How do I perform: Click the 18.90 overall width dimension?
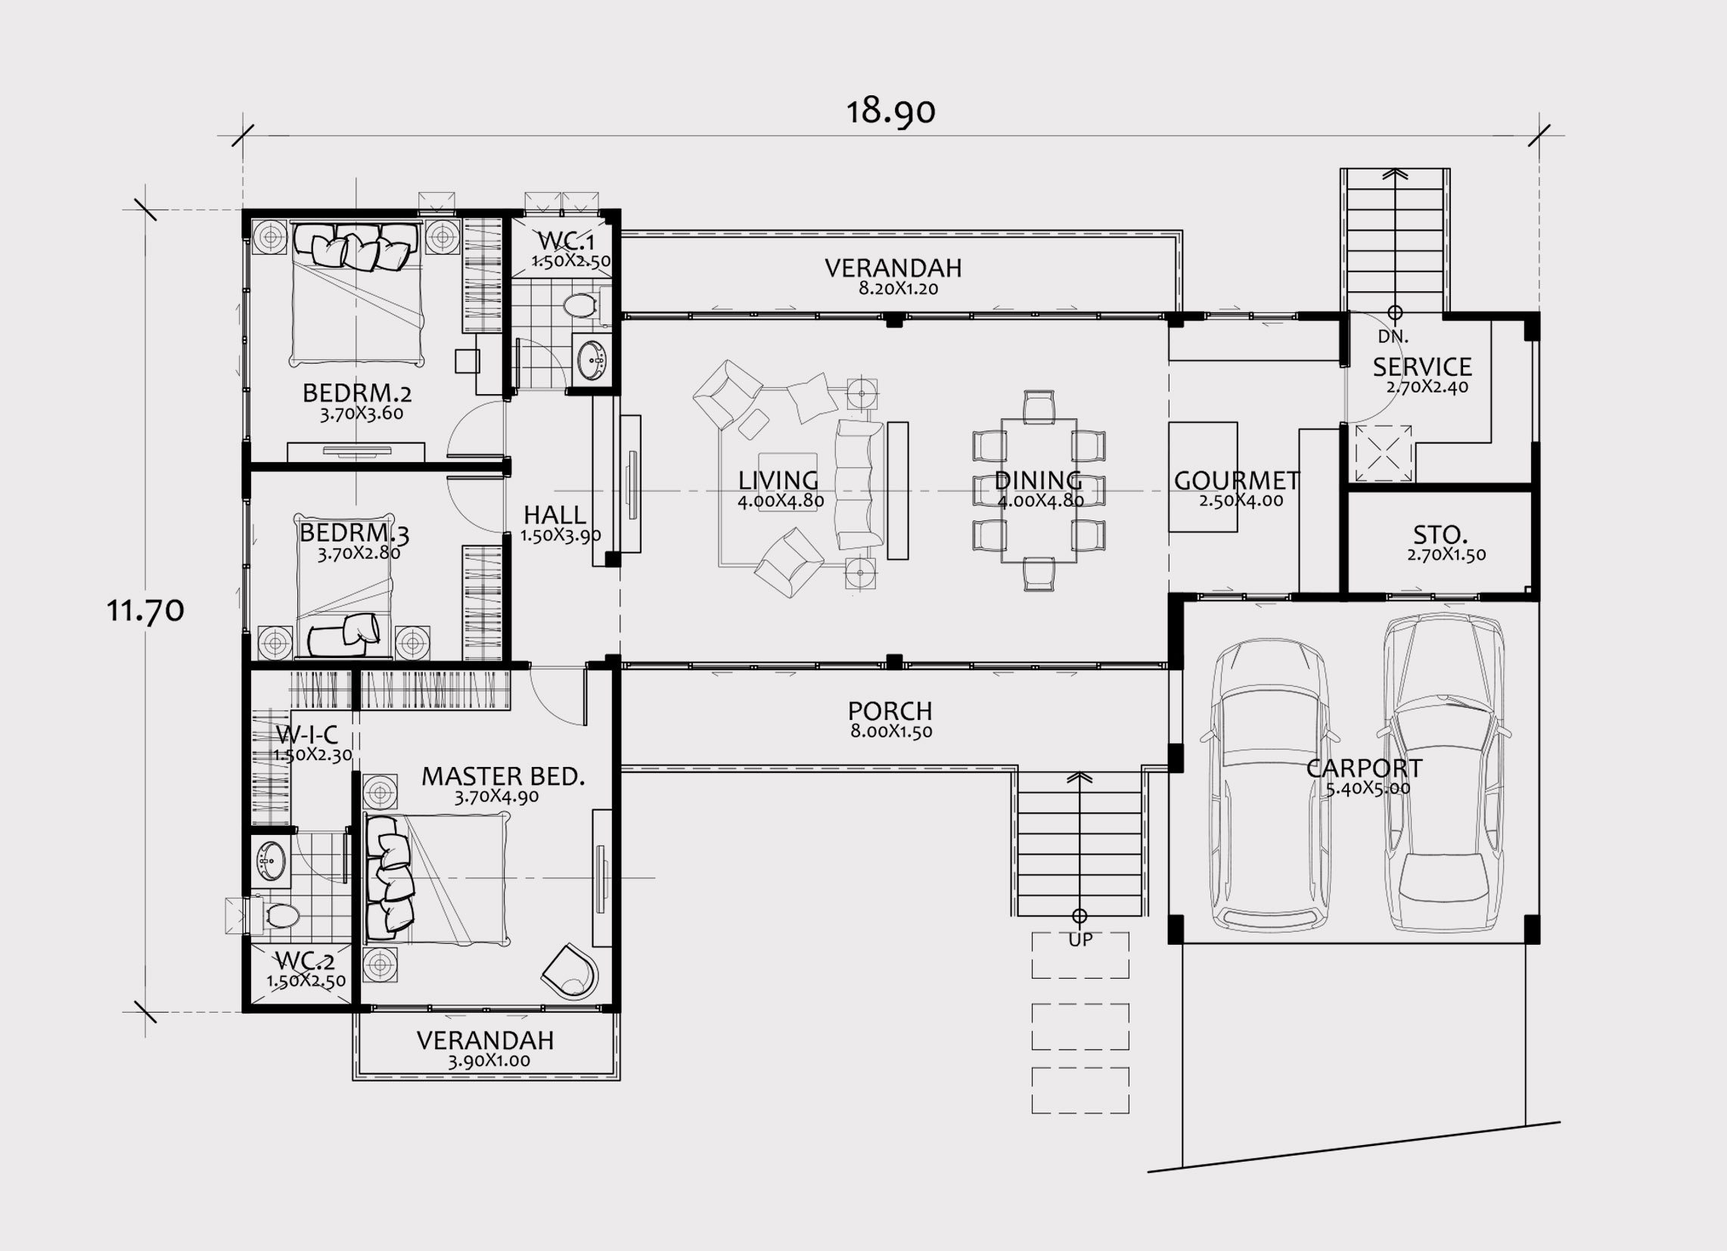(891, 111)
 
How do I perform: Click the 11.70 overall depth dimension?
(144, 610)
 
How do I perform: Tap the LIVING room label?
(778, 480)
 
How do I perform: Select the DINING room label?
(1039, 480)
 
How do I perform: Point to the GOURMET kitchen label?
(1237, 480)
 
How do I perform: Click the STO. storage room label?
(1441, 535)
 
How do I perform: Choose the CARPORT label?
(1365, 768)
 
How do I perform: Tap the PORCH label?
(890, 711)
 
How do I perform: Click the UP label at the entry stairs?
(1080, 939)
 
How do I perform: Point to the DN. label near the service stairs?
(1393, 337)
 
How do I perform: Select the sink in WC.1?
(592, 356)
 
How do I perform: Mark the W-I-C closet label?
(307, 734)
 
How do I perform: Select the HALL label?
(555, 515)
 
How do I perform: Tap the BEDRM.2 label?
(357, 393)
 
